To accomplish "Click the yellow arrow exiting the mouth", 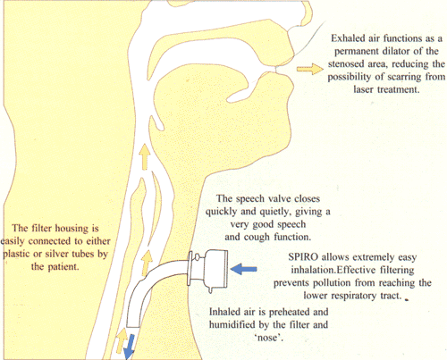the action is (310, 69).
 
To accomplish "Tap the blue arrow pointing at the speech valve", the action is (244, 269).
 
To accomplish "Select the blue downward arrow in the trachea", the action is (129, 347).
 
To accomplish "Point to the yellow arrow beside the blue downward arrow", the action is (122, 340).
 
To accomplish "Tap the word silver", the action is (57, 254).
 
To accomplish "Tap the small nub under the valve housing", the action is (211, 289).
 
